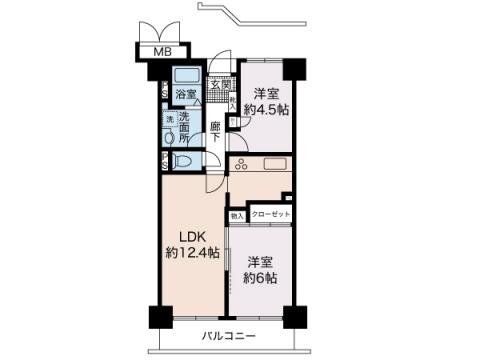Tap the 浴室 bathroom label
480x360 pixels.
(x=185, y=96)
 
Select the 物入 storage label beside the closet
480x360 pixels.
(x=237, y=215)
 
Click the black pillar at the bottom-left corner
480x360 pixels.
(x=159, y=316)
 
